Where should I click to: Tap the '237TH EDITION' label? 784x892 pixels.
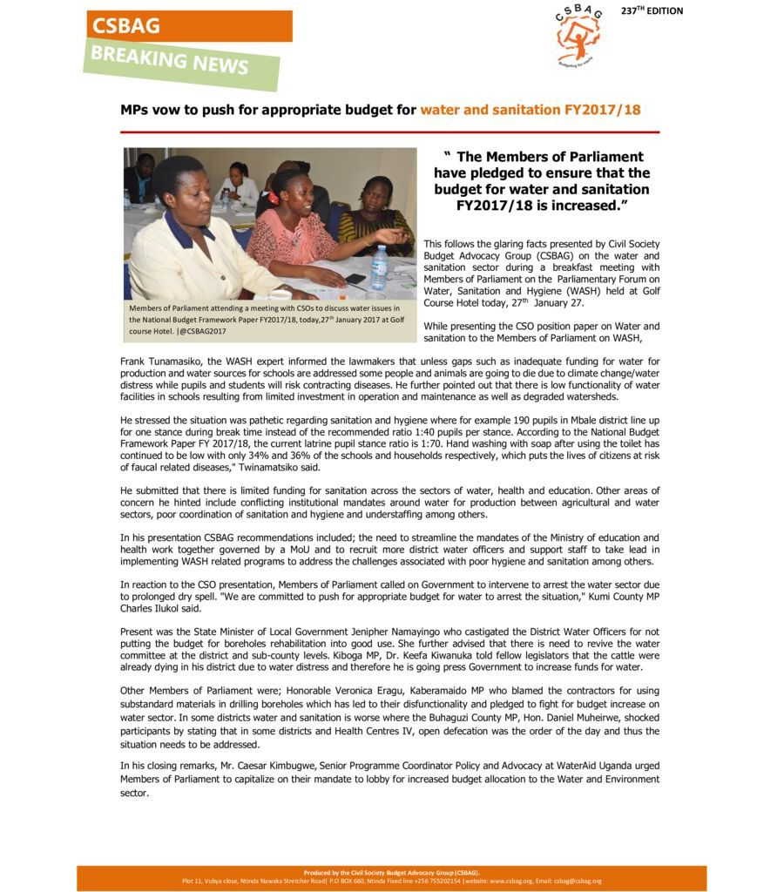click(652, 11)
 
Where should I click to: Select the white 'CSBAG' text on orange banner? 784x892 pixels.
click(127, 26)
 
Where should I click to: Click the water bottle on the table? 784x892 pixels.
click(379, 267)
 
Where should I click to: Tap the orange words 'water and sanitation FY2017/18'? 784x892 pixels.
click(531, 110)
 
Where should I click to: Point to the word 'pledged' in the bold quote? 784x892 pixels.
click(491, 172)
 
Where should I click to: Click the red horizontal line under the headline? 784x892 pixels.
click(390, 132)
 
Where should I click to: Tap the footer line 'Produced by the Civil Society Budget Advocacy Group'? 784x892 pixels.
click(391, 872)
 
